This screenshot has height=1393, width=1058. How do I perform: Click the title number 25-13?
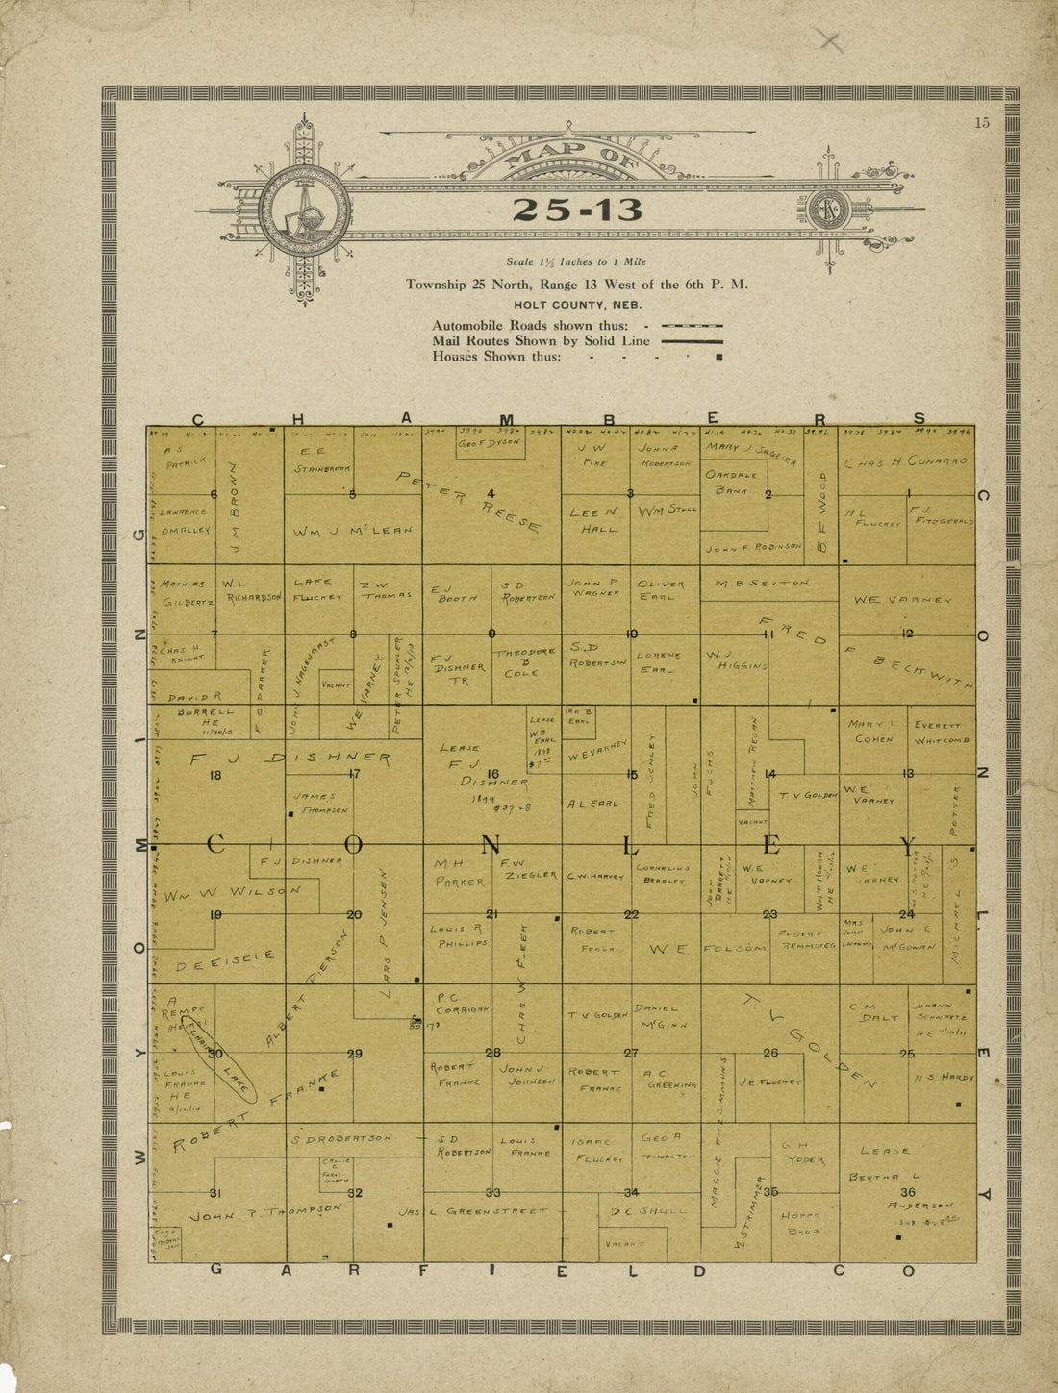click(x=576, y=210)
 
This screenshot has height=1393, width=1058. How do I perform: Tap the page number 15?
click(x=981, y=122)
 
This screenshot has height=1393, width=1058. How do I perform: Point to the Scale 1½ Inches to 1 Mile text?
click(x=576, y=261)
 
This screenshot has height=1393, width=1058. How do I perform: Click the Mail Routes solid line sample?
click(x=691, y=341)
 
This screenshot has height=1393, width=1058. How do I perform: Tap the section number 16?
click(x=492, y=774)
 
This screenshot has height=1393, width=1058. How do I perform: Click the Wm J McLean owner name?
click(x=352, y=530)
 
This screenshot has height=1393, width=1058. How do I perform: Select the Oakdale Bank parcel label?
click(x=732, y=482)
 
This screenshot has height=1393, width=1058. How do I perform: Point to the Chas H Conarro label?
click(x=906, y=462)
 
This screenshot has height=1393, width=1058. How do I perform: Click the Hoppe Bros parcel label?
click(x=801, y=1222)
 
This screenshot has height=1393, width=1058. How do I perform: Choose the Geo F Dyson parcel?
click(x=489, y=443)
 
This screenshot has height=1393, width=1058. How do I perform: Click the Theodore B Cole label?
click(x=525, y=662)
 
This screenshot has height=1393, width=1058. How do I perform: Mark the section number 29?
click(x=354, y=1054)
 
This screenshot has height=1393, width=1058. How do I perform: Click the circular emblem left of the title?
click(x=305, y=211)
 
